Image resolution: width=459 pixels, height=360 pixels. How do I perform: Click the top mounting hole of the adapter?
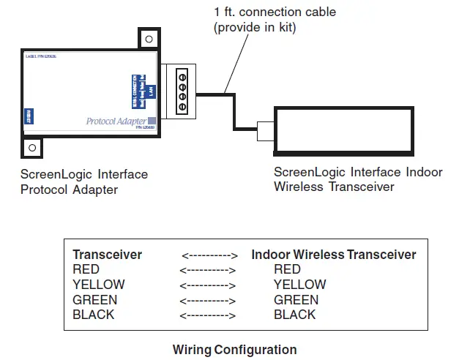[x=149, y=40]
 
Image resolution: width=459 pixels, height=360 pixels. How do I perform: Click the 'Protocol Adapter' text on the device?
[x=116, y=121]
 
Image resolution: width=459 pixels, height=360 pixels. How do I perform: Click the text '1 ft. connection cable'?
[x=275, y=12]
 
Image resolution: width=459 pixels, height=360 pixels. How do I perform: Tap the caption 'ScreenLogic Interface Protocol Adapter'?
[x=84, y=181]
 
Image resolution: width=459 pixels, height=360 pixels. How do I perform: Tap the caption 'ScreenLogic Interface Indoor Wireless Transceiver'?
[x=358, y=179]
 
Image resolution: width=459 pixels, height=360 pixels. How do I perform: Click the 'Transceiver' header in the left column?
[x=107, y=255]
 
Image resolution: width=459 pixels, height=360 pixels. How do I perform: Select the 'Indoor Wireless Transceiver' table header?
[x=334, y=255]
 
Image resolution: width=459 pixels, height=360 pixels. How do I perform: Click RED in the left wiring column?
[x=86, y=269]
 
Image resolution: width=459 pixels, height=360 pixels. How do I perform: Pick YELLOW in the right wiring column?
[x=299, y=285]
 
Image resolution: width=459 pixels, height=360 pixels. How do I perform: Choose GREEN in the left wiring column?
[x=94, y=300]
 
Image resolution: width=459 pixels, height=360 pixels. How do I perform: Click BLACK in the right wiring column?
[x=294, y=315]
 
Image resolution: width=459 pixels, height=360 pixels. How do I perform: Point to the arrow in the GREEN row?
[x=209, y=300]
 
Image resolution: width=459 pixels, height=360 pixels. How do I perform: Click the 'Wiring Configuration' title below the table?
[x=234, y=349]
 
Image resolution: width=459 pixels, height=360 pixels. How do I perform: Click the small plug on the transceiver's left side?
[x=266, y=132]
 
